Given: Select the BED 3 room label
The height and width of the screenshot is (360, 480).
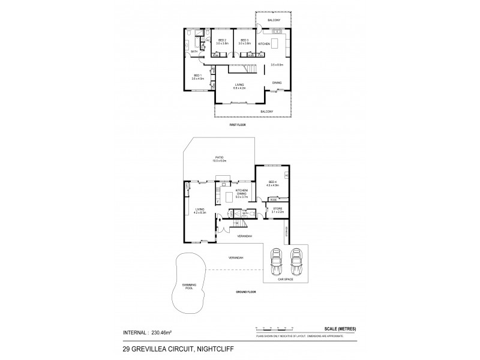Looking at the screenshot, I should click(x=244, y=41).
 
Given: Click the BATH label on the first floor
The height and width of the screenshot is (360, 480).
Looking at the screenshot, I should click(x=194, y=52).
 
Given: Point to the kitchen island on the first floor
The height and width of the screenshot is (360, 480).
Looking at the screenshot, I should click(x=275, y=43).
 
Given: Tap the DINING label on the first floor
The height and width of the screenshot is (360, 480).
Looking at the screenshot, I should click(x=277, y=83).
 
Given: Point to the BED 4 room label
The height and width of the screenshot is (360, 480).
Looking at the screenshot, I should click(x=272, y=182).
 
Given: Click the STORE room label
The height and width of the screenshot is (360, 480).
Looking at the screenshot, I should click(x=277, y=209).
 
